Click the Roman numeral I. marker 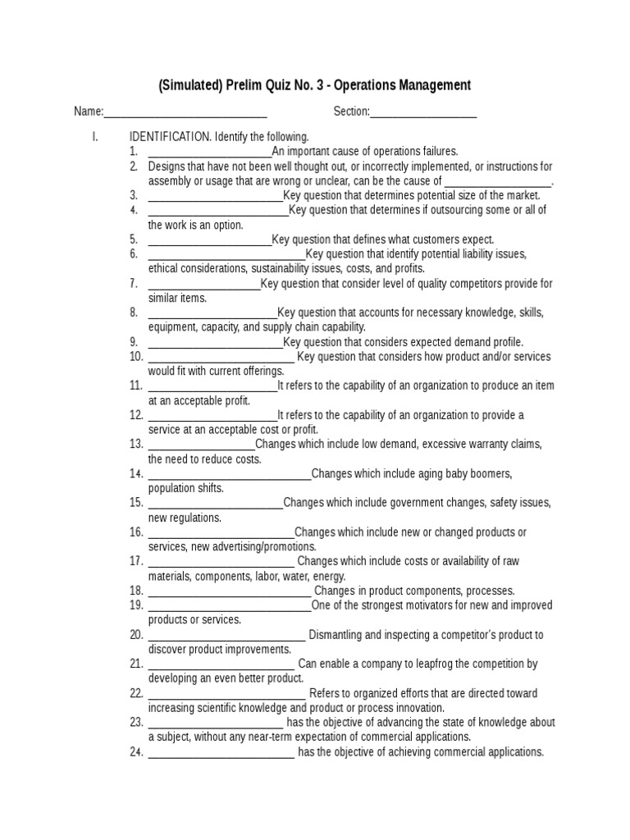[x=95, y=137]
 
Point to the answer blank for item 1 [x=210, y=152]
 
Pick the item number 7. [x=134, y=284]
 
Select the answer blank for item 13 [x=202, y=445]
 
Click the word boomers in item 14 [x=493, y=474]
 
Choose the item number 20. [x=136, y=635]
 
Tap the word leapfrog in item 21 [x=446, y=664]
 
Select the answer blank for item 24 [x=221, y=752]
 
